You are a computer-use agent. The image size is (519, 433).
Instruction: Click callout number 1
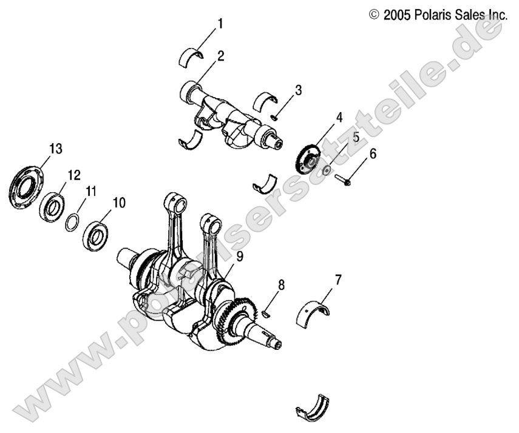(220, 24)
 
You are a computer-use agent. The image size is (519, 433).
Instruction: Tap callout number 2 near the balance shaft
(221, 56)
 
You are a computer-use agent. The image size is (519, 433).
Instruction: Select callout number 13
(56, 149)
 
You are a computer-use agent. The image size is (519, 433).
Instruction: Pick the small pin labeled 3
(275, 118)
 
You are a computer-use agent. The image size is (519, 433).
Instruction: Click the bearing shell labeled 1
(191, 56)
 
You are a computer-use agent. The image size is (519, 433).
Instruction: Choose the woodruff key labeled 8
(265, 314)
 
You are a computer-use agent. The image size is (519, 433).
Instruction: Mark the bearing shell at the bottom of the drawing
(313, 407)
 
